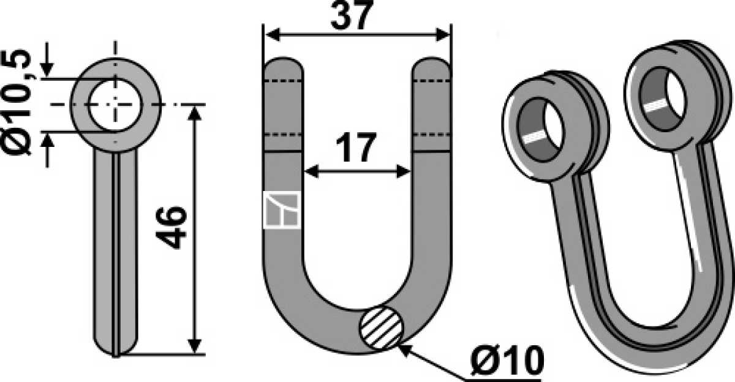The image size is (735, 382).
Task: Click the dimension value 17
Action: click(356, 148)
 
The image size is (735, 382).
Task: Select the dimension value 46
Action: click(171, 228)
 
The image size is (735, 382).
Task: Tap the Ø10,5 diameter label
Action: click(17, 103)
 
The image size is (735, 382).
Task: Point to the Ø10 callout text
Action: click(507, 361)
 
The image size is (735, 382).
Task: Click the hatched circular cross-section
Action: click(382, 328)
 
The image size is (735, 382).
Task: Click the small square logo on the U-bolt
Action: click(282, 210)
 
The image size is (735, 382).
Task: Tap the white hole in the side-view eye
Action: click(115, 105)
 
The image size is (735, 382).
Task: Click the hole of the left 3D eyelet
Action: click(540, 130)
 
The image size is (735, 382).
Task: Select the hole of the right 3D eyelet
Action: click(663, 99)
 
